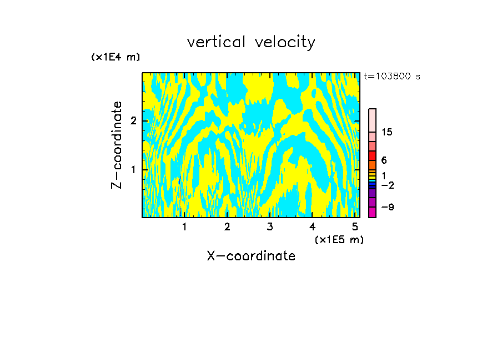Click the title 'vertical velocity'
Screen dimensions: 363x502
(x=251, y=42)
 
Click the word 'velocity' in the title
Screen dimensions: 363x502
(x=284, y=42)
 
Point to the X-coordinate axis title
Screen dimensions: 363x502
(x=251, y=256)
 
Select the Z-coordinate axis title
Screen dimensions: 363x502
(x=117, y=145)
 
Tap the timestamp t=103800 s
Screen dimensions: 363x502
(x=392, y=77)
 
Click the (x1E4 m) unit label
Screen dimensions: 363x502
(x=116, y=57)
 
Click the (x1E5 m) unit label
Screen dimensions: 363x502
(x=339, y=239)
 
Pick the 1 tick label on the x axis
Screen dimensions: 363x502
(x=185, y=226)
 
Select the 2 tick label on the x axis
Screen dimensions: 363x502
(x=227, y=226)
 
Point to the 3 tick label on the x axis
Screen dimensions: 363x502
(x=270, y=226)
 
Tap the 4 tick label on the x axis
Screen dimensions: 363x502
(x=312, y=226)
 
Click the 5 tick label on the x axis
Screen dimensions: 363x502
(x=355, y=226)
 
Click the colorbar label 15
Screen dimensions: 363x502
(x=387, y=132)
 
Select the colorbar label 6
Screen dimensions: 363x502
(x=384, y=160)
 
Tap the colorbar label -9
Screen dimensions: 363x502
(x=387, y=207)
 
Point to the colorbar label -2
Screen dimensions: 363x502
(x=387, y=185)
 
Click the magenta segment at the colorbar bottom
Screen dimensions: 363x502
(x=372, y=212)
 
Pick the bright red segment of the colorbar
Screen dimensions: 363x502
(x=372, y=155)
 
